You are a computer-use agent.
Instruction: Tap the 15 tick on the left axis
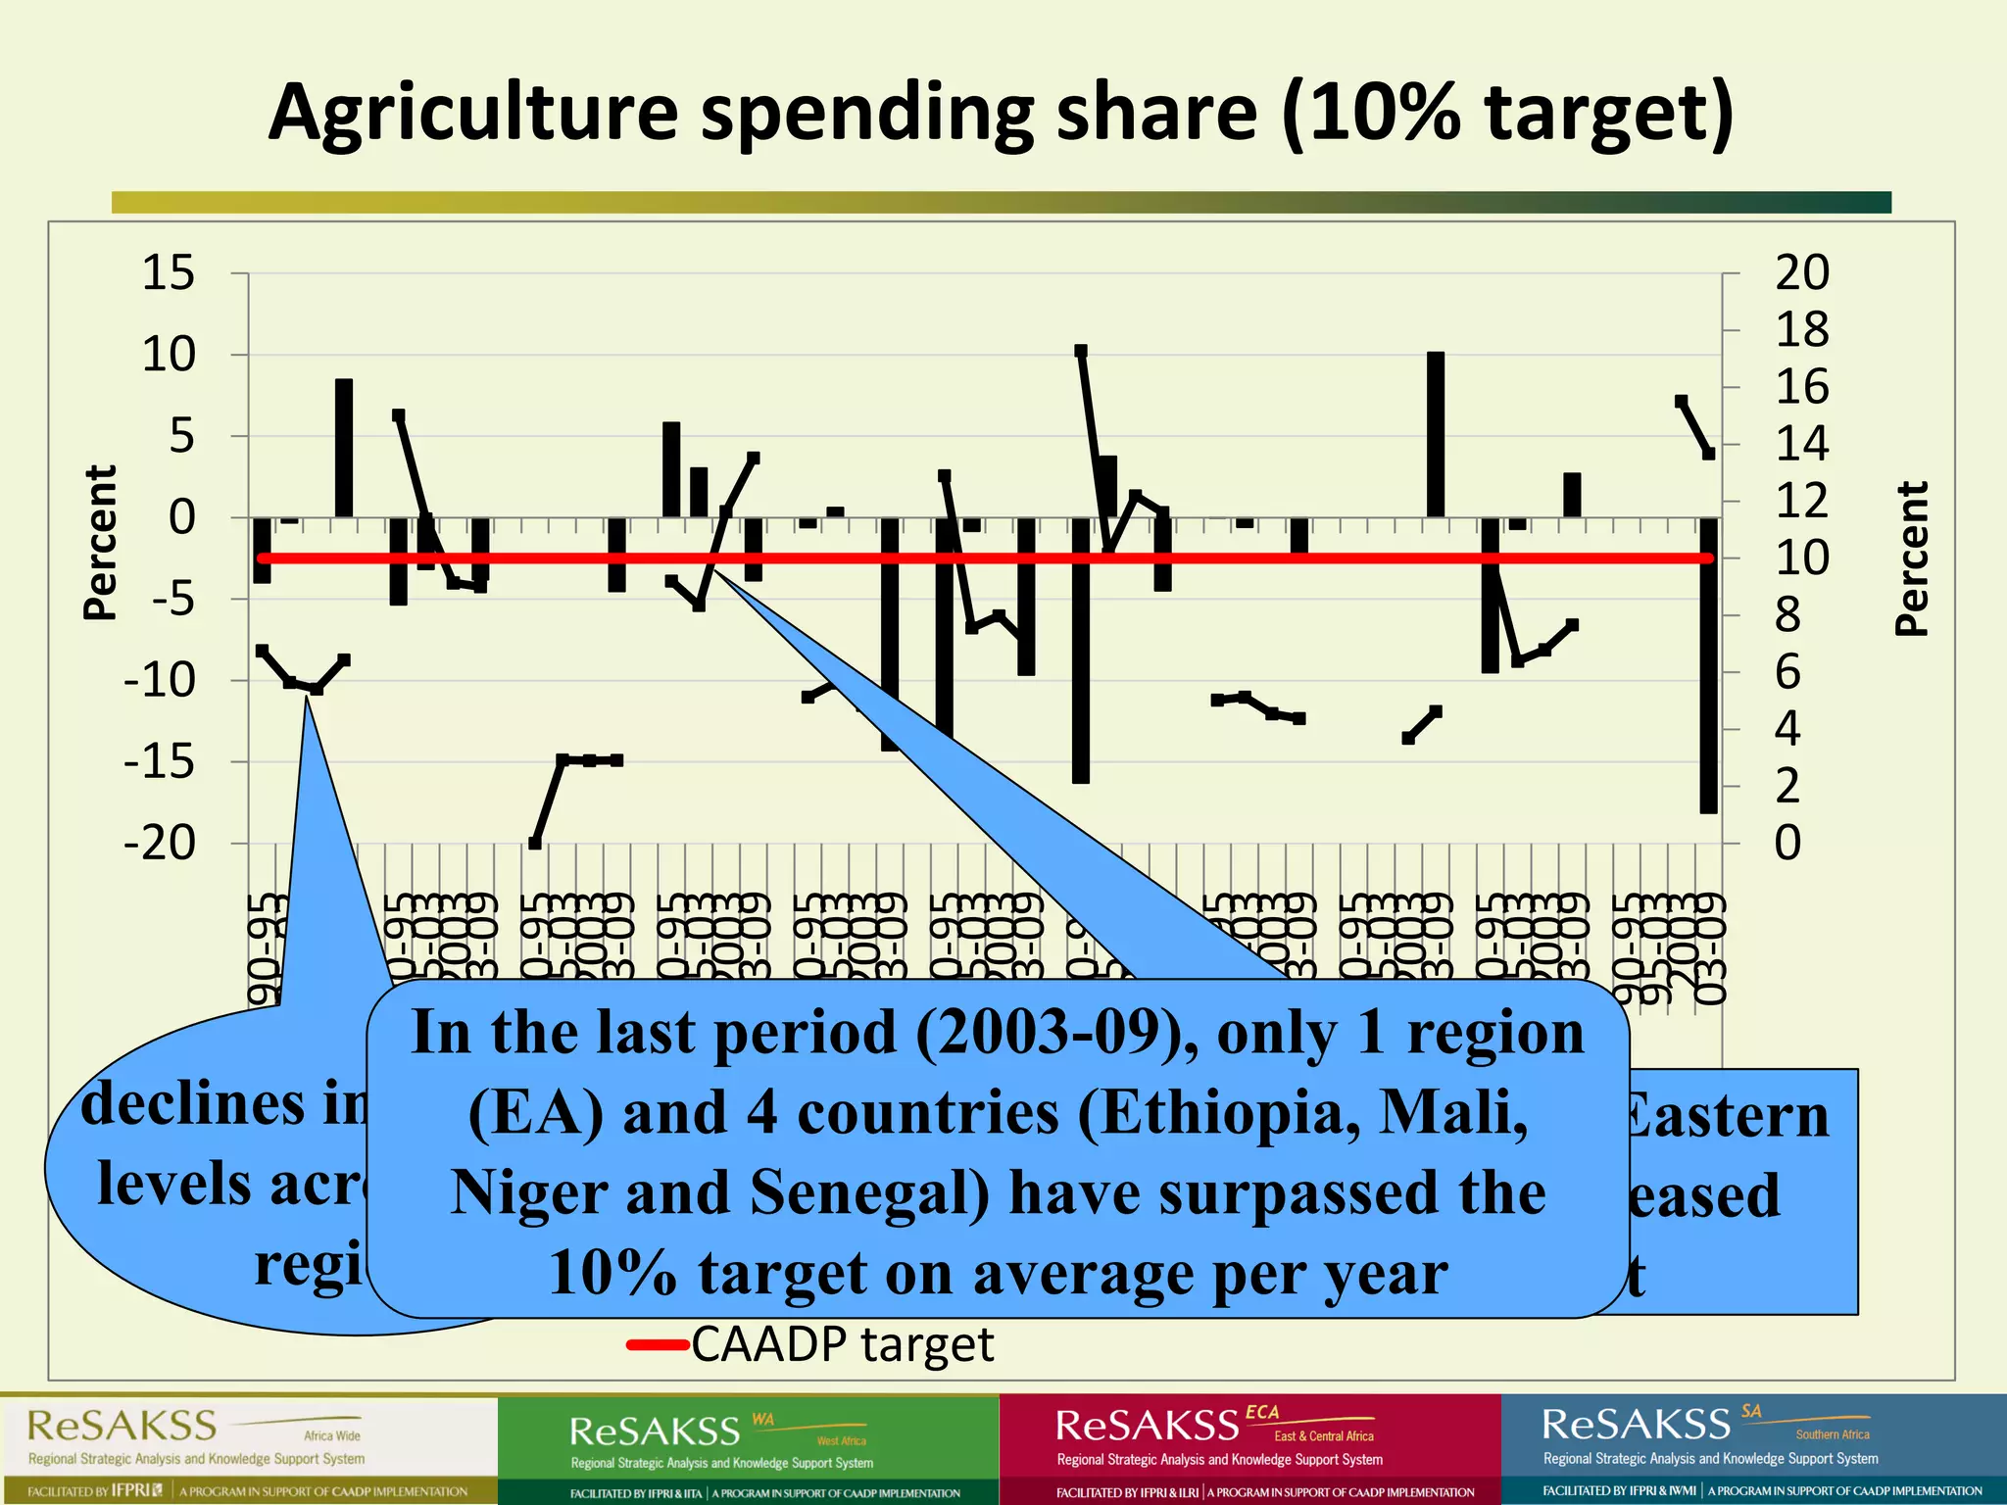point(169,272)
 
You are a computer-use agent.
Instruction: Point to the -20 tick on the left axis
point(160,843)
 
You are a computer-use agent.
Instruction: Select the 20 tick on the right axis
point(1801,272)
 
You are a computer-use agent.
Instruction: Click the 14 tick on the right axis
point(1801,444)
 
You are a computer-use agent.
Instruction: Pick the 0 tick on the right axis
point(1787,843)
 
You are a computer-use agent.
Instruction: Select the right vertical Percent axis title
point(1911,558)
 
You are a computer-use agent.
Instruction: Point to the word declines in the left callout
point(193,1104)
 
